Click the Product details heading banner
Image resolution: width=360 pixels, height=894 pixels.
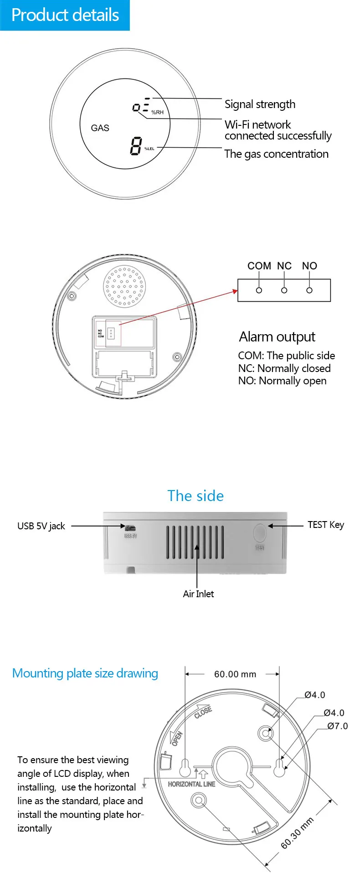coord(65,15)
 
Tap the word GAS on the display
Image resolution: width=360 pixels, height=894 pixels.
coord(100,128)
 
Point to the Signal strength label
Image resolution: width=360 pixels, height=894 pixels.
coord(260,104)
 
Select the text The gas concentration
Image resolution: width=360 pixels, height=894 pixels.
coord(276,154)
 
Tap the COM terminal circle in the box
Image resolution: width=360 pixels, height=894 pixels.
coord(259,290)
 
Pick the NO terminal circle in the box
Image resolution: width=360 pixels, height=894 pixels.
coord(309,290)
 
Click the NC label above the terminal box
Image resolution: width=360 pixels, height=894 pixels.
coord(284,266)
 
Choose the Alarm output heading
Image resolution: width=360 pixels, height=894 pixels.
coord(277,337)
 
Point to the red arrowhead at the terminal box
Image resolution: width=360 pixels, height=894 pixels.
coord(235,291)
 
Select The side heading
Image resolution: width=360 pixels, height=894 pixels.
coord(195,496)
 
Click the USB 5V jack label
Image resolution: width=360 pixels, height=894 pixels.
coord(41,526)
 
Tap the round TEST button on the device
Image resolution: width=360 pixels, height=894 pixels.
coord(259,532)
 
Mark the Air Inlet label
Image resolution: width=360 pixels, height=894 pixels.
coord(198,594)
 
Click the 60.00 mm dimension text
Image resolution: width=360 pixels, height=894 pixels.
coord(235,674)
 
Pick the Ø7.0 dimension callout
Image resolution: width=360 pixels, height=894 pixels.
coord(337,726)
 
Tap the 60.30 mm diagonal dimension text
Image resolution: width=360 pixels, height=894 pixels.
coord(297,833)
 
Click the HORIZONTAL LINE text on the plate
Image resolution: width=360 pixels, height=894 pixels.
coord(191,784)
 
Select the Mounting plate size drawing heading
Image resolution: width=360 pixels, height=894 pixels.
coord(85,673)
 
